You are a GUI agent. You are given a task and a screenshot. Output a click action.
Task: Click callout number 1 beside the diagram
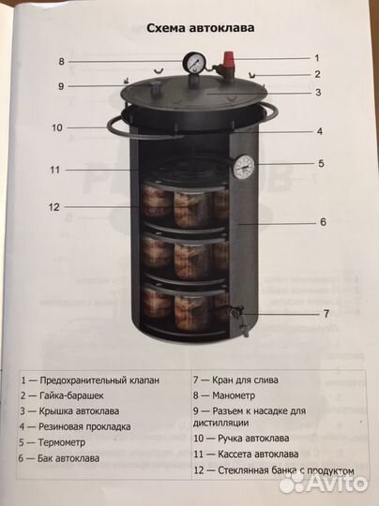tap(316, 58)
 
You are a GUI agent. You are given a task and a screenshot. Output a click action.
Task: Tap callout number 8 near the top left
tap(61, 62)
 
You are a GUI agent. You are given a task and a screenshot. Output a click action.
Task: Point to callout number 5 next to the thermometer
tap(321, 163)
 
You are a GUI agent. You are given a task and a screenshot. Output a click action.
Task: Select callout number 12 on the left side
tap(54, 207)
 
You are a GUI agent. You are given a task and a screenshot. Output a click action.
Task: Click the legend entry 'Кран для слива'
tap(239, 380)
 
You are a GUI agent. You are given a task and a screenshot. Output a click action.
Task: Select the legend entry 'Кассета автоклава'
tap(250, 454)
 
